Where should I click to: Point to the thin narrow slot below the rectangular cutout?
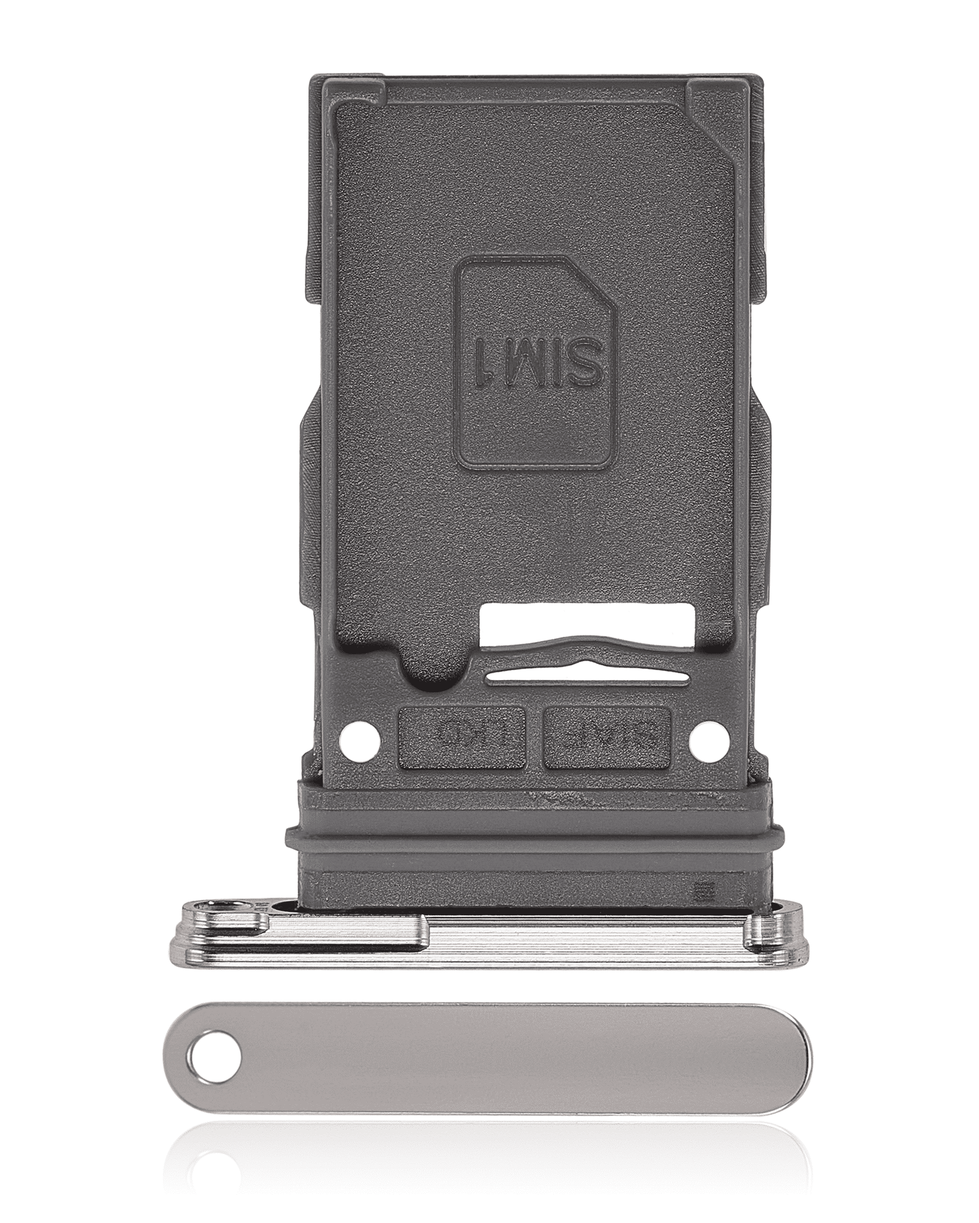point(587,676)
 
